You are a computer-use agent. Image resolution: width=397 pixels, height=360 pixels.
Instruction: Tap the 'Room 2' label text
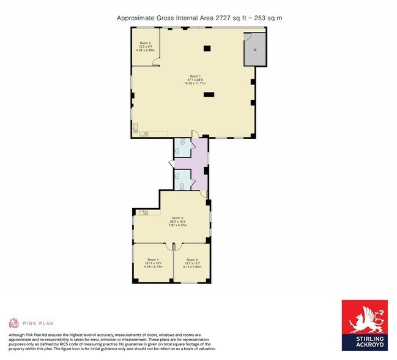[144, 43]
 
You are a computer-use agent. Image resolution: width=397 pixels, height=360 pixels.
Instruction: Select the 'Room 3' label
[177, 218]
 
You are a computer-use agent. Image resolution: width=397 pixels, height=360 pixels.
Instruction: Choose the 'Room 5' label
[192, 260]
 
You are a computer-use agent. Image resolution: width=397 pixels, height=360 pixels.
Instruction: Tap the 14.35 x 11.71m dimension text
[195, 83]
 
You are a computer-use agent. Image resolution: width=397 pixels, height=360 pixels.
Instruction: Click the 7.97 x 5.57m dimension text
[177, 225]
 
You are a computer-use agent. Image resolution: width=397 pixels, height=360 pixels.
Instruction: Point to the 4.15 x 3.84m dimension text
[192, 266]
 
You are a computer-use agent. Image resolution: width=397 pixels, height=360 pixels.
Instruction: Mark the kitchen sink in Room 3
[143, 212]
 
